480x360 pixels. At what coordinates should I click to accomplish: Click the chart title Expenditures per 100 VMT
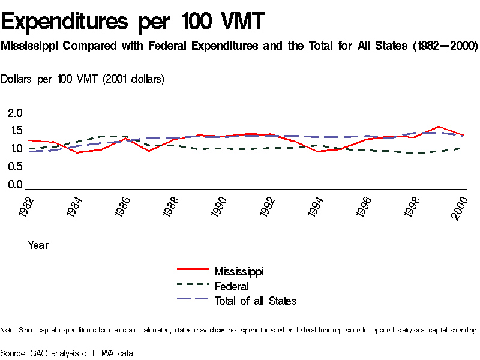tap(133, 22)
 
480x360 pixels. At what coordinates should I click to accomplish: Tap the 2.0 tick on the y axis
tap(15, 113)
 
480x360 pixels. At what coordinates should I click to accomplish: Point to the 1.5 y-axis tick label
tap(15, 131)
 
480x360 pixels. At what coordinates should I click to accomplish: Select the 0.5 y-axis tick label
tap(15, 167)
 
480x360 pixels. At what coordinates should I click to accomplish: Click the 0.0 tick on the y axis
tap(15, 185)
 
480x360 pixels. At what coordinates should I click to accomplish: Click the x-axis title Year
tap(38, 245)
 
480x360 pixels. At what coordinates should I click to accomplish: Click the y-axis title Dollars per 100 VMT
tap(83, 79)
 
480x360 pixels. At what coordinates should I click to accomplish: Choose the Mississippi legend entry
tap(239, 271)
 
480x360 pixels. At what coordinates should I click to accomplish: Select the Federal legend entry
tap(232, 286)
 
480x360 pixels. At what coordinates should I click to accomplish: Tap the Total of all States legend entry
tap(255, 301)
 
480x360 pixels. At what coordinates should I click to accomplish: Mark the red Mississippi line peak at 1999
tap(439, 127)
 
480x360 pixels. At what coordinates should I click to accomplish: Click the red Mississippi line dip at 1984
tap(77, 152)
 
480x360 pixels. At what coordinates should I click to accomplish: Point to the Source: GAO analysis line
tap(66, 353)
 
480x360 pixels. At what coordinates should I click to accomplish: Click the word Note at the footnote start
tap(7, 330)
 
